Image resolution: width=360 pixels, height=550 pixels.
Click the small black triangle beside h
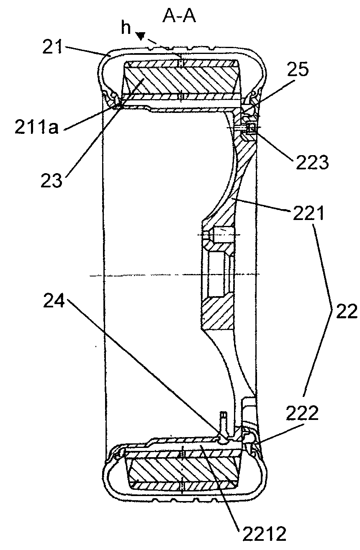142,38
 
